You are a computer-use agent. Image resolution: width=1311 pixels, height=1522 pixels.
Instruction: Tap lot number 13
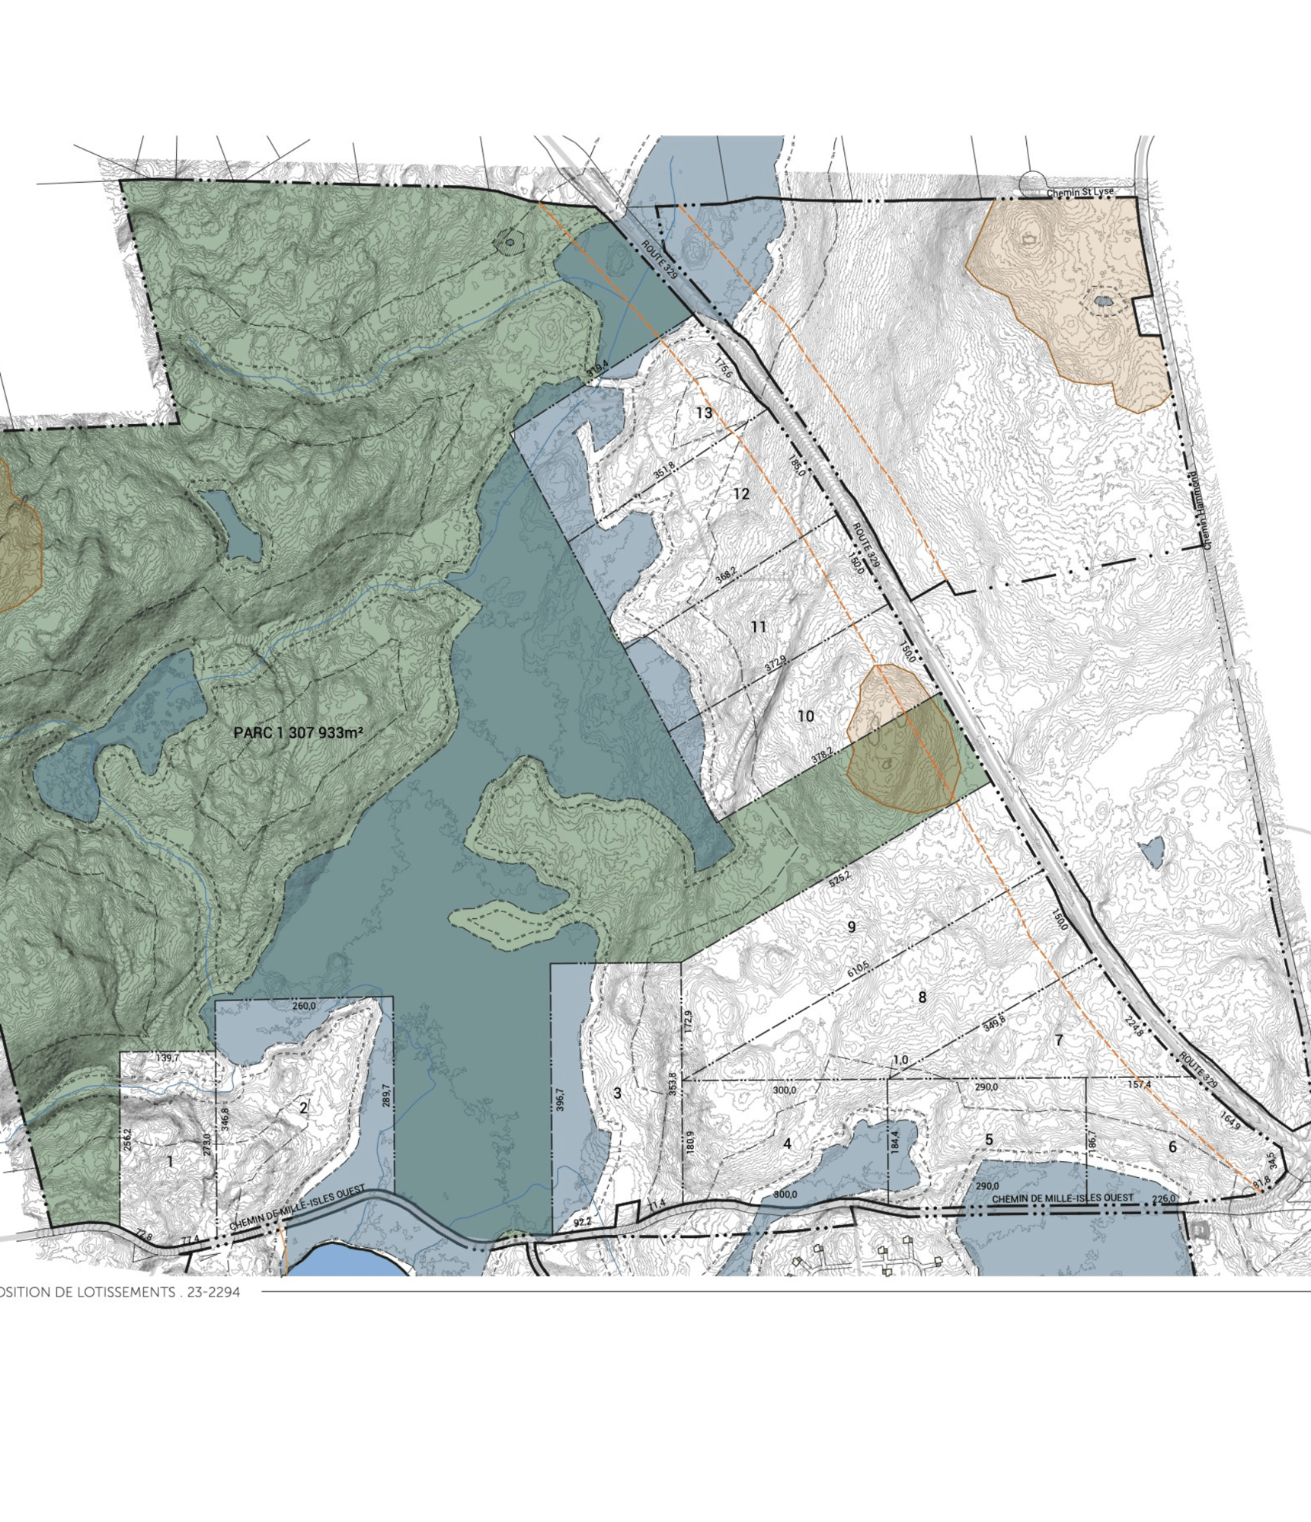pyautogui.click(x=704, y=413)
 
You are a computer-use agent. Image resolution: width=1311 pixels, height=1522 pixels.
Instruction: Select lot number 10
pyautogui.click(x=806, y=716)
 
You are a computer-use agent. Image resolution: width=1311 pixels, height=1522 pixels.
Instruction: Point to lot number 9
pyautogui.click(x=852, y=927)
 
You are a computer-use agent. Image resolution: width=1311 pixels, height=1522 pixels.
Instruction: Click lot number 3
pyautogui.click(x=617, y=1093)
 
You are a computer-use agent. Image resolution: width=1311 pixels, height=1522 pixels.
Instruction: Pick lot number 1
pyautogui.click(x=170, y=1162)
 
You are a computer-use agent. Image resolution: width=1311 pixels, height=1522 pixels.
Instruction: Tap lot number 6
pyautogui.click(x=1172, y=1147)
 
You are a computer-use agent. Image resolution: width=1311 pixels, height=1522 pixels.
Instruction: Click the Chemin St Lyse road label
pyautogui.click(x=1079, y=193)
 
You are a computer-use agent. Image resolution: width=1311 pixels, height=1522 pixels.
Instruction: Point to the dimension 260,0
pyautogui.click(x=303, y=1006)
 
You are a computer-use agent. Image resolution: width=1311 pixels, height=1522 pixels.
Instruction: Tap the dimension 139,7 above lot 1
pyautogui.click(x=167, y=1058)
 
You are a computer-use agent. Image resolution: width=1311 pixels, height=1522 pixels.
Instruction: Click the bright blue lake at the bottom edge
pyautogui.click(x=347, y=1262)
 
